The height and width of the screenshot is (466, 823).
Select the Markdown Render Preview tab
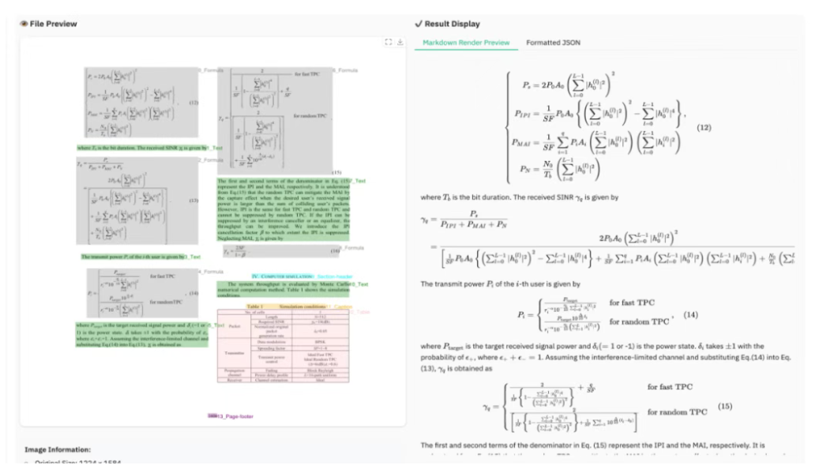(x=465, y=43)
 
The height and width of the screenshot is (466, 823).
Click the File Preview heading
(x=52, y=24)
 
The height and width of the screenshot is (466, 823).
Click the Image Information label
(x=58, y=449)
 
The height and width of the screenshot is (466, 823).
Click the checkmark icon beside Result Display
(x=418, y=24)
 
